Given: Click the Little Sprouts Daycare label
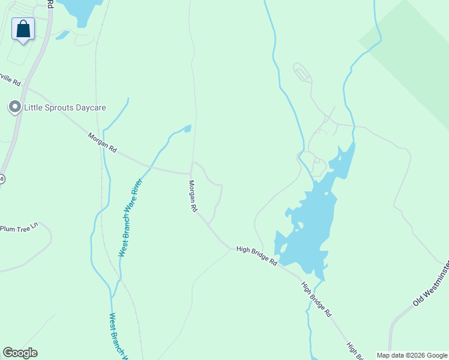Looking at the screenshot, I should coord(65,108).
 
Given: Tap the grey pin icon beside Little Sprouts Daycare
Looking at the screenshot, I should coord(14,107).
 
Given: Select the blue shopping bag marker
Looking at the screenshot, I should coord(23,29).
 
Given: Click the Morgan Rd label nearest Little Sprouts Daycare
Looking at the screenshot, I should coord(102,143).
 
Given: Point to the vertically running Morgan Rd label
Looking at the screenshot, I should coord(193,197).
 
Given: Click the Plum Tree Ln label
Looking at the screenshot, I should coord(19,228).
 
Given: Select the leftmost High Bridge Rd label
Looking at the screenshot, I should coord(256,256).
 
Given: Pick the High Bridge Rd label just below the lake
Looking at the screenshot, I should coord(316,299).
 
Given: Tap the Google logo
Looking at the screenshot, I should coord(20,353).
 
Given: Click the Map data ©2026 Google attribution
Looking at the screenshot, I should coord(412,355).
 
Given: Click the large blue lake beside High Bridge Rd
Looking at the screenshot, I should coord(309,222).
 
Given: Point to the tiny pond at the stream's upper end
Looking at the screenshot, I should coord(187,128).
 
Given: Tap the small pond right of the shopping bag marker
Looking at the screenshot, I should coord(62,35).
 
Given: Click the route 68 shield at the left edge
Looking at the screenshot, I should coord(2,179).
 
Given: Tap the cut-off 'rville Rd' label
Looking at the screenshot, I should coord(10,79).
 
